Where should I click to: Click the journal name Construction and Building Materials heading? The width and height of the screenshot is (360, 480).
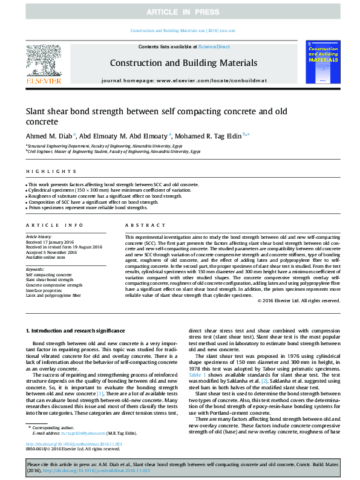point(183,63)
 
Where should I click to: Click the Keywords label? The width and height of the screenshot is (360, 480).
point(34,269)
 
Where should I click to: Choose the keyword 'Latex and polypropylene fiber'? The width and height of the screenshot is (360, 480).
point(53,296)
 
